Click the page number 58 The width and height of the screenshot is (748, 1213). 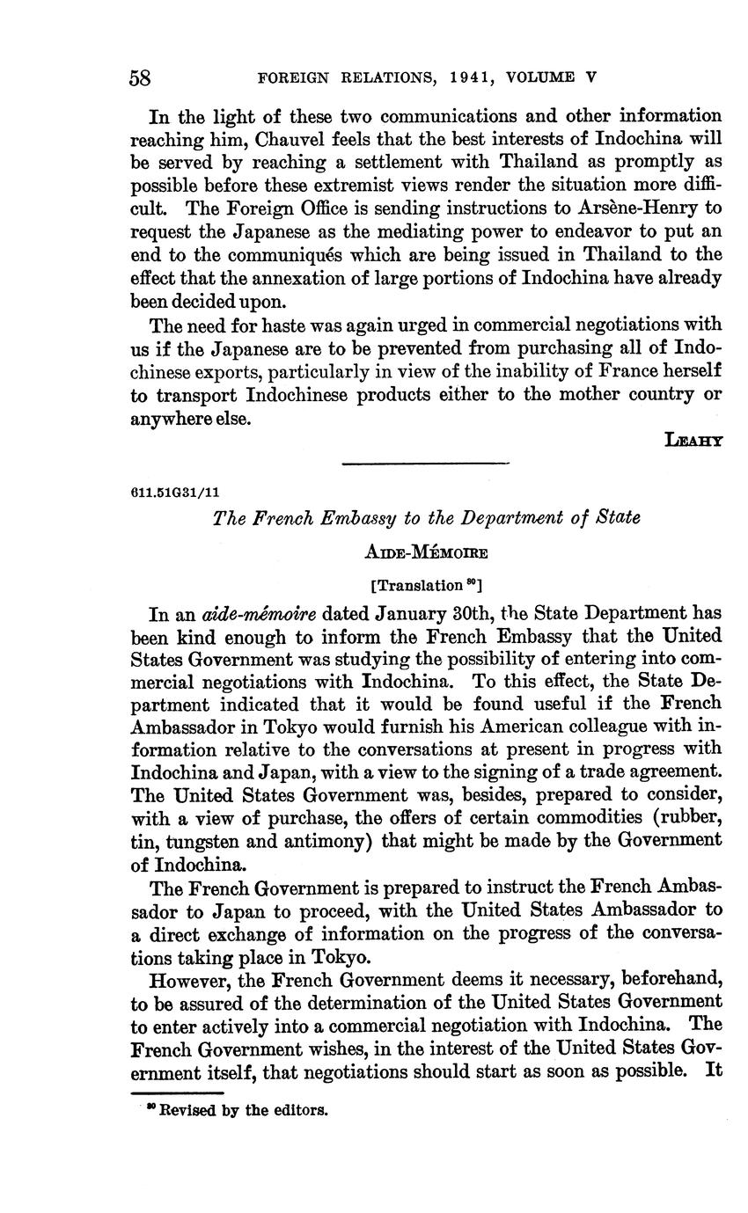[x=141, y=77]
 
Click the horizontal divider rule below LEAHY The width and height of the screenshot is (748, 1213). [x=425, y=463]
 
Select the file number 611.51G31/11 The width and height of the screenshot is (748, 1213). [x=174, y=493]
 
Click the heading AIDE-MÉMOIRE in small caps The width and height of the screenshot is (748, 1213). [x=426, y=552]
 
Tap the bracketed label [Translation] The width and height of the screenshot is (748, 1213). [x=426, y=585]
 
